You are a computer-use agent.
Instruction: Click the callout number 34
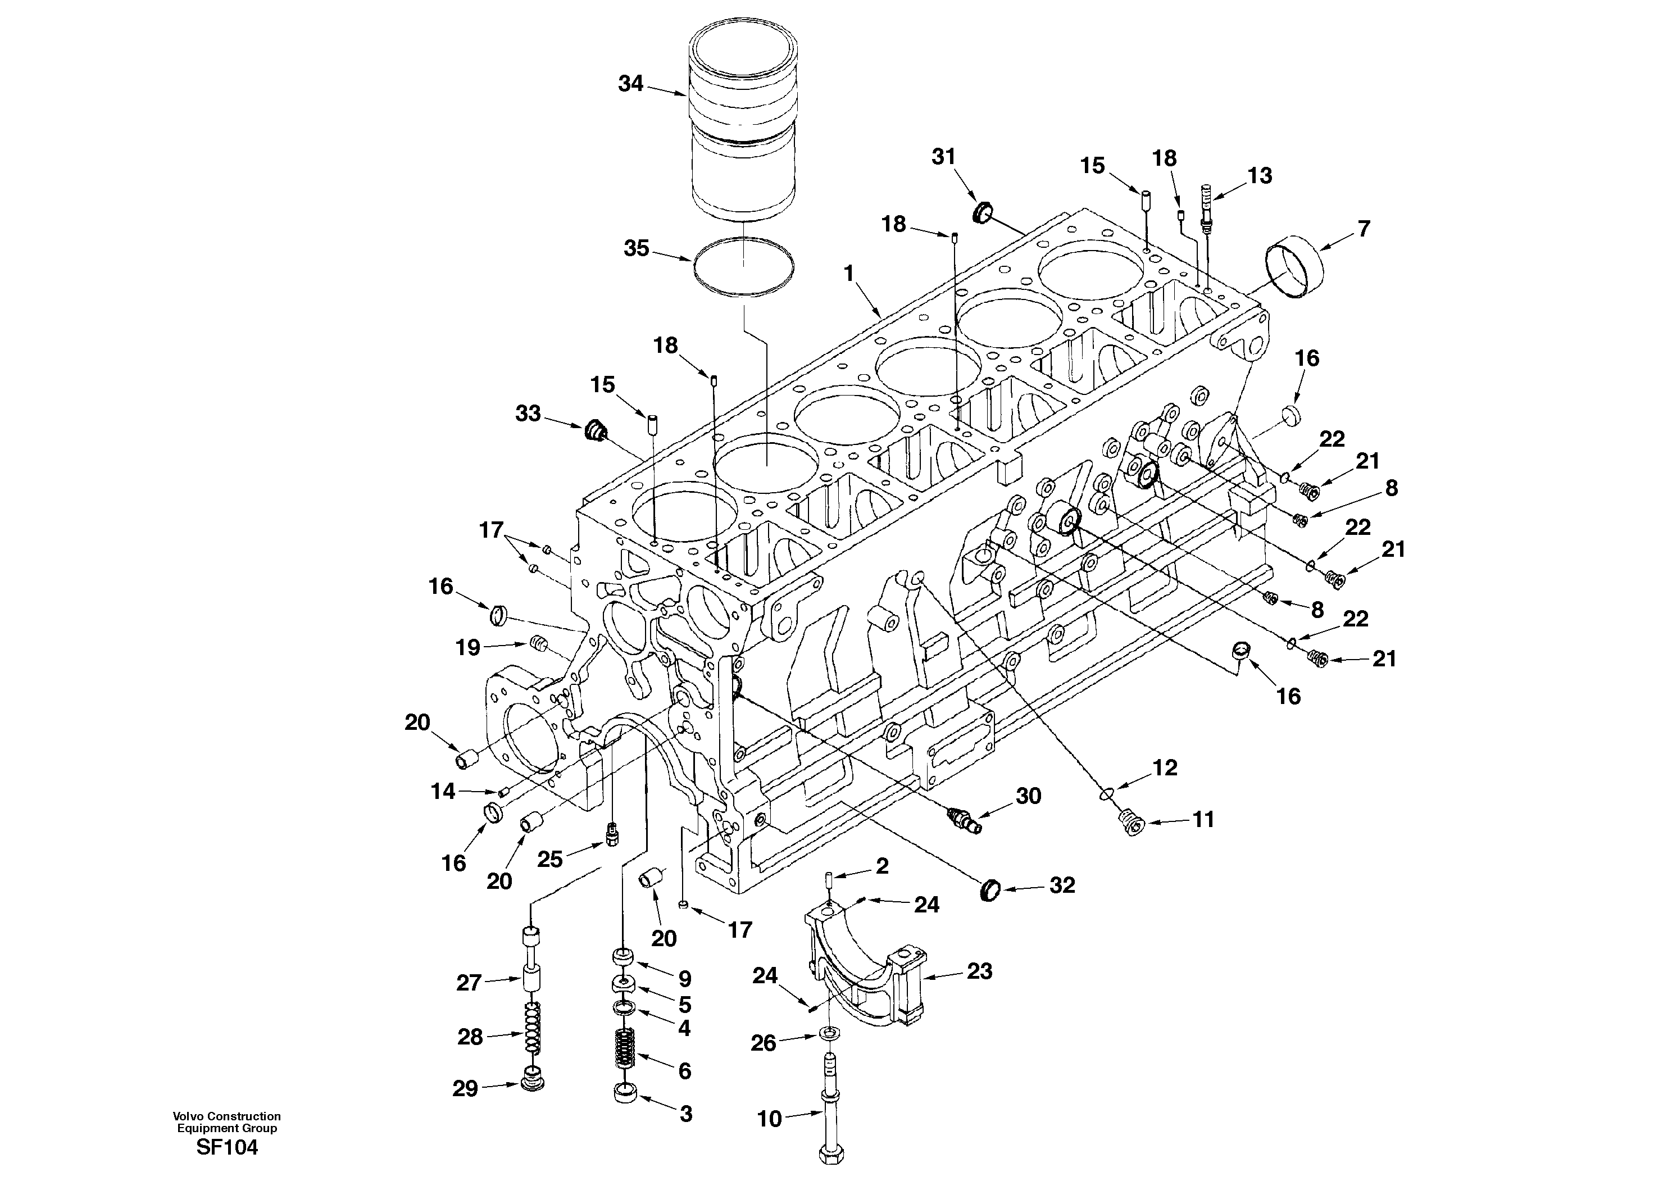pyautogui.click(x=630, y=84)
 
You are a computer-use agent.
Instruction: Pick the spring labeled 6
pyautogui.click(x=625, y=1049)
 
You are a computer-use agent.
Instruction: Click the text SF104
pyautogui.click(x=226, y=1147)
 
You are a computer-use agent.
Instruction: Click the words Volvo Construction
pyautogui.click(x=226, y=1115)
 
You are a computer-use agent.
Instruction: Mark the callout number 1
pyautogui.click(x=848, y=273)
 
